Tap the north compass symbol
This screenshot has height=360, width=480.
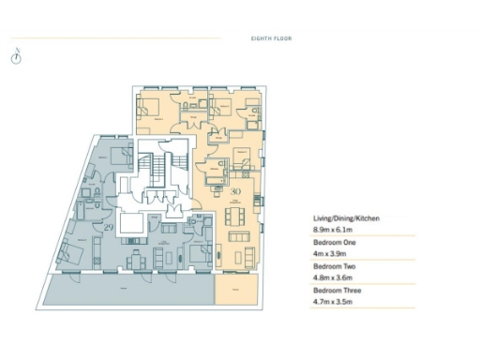(16, 56)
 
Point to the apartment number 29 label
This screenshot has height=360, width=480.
(109, 228)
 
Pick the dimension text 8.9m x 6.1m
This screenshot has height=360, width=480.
(333, 229)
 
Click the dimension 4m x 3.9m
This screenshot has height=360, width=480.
(329, 253)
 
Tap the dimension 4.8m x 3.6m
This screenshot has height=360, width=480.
(333, 277)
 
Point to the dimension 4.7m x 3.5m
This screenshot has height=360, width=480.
(333, 302)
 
